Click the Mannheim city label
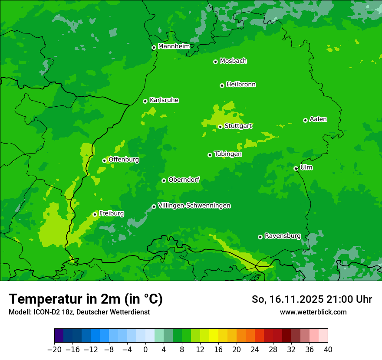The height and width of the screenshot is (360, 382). tap(174, 46)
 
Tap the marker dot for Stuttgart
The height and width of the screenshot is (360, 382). tap(220, 127)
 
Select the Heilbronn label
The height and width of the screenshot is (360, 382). tap(241, 85)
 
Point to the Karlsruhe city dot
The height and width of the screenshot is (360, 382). tap(145, 101)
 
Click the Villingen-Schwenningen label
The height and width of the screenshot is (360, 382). tap(194, 206)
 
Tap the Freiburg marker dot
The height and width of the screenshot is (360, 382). tap(95, 214)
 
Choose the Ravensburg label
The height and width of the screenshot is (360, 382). tap(283, 236)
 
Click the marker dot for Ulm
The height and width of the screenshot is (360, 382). tap(296, 168)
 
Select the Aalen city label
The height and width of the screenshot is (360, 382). tap(318, 119)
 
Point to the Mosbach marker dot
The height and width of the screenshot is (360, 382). tap(215, 62)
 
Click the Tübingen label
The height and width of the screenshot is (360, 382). tap(228, 154)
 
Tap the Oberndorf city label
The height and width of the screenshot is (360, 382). tap(184, 180)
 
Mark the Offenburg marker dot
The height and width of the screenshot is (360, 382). tap(104, 160)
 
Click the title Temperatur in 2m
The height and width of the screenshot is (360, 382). tap(86, 299)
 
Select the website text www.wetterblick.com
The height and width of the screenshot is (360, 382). tap(313, 312)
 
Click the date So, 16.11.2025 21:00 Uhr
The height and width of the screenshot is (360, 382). tap(312, 299)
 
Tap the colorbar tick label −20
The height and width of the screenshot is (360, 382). tap(54, 350)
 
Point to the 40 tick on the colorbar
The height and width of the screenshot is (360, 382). tap(328, 350)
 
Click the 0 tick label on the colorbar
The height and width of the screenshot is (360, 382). tap(145, 350)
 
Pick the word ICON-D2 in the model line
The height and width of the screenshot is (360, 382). tap(41, 312)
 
